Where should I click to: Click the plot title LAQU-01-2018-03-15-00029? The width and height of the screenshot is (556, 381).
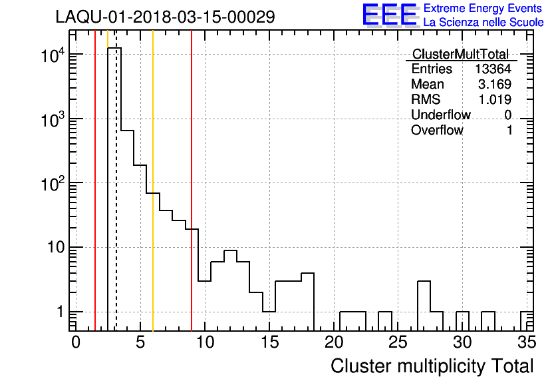click(165, 17)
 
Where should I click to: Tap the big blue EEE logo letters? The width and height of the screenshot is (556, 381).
click(390, 15)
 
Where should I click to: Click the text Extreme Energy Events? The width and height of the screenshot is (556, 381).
click(484, 9)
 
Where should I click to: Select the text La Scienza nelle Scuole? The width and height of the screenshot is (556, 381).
click(484, 23)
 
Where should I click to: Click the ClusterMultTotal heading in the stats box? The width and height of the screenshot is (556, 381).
click(460, 55)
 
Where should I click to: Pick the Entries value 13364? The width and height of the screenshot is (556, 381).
click(493, 69)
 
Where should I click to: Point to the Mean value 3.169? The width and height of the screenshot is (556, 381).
click(495, 85)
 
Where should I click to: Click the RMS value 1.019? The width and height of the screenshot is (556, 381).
click(495, 100)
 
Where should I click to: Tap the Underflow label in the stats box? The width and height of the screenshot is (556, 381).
click(440, 115)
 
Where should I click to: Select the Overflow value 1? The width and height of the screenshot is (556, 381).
click(509, 131)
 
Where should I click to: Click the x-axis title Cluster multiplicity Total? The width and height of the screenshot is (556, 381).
click(432, 366)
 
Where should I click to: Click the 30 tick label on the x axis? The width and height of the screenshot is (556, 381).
click(462, 342)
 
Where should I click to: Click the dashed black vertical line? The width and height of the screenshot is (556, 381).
click(116, 200)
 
